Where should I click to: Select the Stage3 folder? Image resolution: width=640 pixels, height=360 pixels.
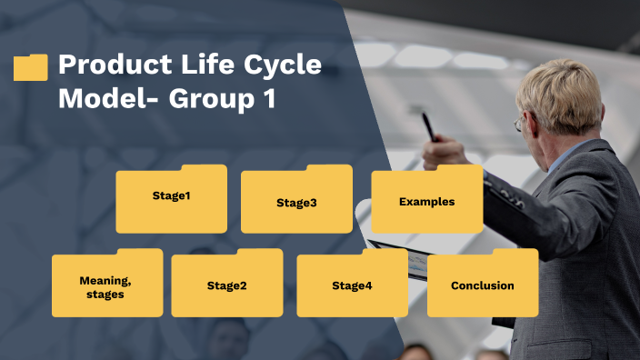pos(296,202)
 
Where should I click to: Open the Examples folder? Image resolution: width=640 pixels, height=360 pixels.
pos(426,201)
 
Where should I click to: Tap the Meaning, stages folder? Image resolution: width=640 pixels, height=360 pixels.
pos(107,286)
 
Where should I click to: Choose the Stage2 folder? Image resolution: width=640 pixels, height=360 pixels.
pos(226,285)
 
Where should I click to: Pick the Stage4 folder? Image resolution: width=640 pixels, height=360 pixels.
pos(352,285)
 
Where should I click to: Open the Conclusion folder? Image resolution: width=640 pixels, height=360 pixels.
pos(482,285)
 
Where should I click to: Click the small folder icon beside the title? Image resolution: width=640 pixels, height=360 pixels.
pos(31,67)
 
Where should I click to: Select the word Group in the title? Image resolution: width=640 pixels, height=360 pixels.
pos(205,97)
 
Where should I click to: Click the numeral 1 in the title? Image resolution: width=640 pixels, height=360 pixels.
pos(268,97)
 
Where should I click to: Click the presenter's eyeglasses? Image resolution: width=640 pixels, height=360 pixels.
pos(519,123)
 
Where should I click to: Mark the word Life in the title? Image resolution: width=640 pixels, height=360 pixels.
pos(207,66)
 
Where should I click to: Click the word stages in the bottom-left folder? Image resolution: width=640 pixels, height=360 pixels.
pos(105,295)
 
